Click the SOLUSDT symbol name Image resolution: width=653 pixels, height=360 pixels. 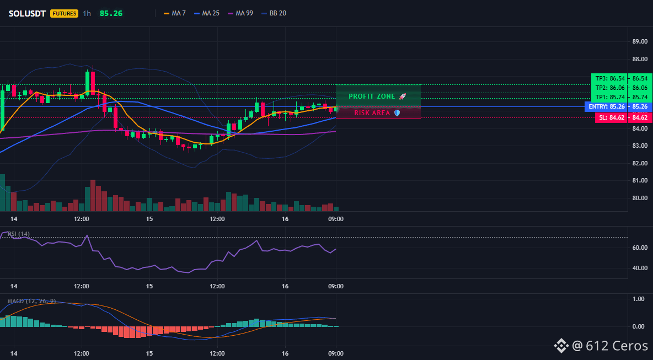(27, 13)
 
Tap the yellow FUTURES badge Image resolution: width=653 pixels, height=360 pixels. (64, 13)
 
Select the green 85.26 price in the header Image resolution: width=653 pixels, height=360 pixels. (111, 13)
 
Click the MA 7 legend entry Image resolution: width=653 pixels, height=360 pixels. (174, 13)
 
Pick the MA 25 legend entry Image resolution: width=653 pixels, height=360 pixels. (207, 13)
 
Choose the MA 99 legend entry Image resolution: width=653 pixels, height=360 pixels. (240, 13)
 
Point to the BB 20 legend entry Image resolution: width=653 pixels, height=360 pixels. (274, 13)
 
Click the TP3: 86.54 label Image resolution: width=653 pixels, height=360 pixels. (610, 78)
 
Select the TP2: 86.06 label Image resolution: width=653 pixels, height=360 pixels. (610, 88)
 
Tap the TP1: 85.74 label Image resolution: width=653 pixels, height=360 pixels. (610, 98)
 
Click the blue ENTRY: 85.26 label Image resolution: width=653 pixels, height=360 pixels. (607, 106)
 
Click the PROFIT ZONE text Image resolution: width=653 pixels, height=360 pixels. (372, 96)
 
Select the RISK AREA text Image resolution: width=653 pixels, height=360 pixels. (372, 113)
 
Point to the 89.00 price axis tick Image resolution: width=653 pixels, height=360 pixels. (640, 41)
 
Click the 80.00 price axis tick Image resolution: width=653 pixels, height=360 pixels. (640, 198)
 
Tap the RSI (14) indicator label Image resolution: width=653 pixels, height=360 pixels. (19, 234)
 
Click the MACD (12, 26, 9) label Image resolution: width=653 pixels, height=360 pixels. (31, 301)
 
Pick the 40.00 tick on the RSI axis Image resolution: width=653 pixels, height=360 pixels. (640, 268)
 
